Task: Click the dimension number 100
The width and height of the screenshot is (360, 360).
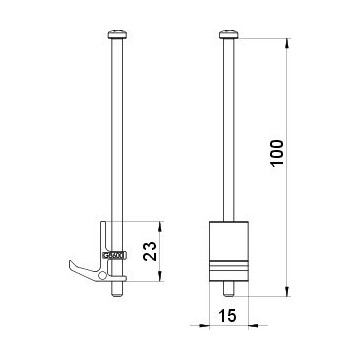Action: pos(277,153)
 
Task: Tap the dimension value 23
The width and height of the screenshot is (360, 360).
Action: pos(150,251)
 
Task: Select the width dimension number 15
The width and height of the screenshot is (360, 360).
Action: pos(228,315)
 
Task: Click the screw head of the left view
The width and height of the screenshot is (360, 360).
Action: pos(117,35)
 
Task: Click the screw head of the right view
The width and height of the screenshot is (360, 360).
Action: pos(229,35)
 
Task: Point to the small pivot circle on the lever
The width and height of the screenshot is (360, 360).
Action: pos(103,275)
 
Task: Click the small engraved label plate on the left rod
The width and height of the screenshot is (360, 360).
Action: pos(114,256)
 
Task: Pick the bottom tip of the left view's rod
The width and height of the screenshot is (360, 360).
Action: pos(117,296)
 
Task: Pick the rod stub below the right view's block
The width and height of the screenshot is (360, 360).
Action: pos(229,289)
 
